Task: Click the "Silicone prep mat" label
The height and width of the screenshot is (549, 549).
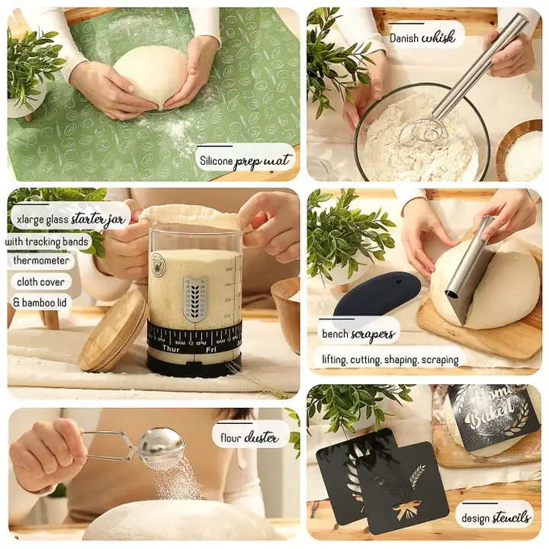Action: tap(244, 160)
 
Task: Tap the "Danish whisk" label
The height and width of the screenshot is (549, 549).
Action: tap(422, 36)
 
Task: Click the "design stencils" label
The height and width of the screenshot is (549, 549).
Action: tap(496, 517)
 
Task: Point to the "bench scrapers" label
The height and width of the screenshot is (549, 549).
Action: tap(358, 333)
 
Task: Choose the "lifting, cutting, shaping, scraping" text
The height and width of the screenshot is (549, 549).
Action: tap(389, 358)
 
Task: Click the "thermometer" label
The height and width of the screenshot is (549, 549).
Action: tap(41, 261)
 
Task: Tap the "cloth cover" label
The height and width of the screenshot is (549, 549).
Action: tap(40, 281)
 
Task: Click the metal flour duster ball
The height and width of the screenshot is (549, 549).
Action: tap(162, 445)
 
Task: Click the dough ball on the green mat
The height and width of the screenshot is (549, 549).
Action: tap(151, 76)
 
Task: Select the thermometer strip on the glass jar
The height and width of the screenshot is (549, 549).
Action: tap(194, 298)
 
